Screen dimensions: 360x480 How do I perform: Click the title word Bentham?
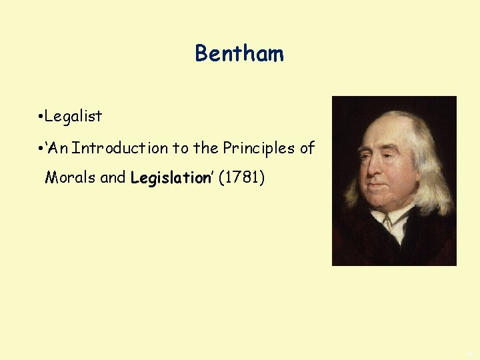coord(239,53)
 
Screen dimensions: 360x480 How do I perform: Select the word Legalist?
coord(73,116)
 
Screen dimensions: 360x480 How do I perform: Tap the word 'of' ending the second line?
coord(307,148)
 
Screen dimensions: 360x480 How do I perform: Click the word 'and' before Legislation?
coord(113,178)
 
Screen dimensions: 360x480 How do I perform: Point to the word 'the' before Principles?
coord(206,148)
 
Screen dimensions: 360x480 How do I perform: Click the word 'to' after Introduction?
coord(181,148)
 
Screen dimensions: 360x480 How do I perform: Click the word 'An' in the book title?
coord(58,148)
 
